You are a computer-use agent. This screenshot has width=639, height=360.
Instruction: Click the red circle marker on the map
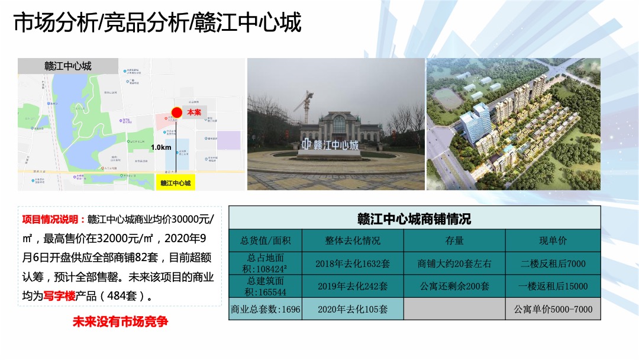click(176, 112)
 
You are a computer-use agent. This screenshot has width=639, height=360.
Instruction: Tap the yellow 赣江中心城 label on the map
click(175, 183)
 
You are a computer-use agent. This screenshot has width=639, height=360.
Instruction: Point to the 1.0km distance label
click(160, 147)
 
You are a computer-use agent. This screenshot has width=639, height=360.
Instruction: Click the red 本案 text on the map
click(193, 112)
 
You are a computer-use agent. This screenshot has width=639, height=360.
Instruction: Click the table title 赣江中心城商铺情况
click(414, 218)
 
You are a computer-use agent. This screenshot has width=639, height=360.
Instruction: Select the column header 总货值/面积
click(264, 240)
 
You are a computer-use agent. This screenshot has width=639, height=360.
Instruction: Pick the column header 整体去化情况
click(352, 240)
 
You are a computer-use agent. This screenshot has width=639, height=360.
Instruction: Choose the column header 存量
click(454, 240)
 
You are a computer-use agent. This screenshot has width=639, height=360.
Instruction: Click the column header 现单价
click(553, 240)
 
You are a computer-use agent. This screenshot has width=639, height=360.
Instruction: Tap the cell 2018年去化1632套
click(352, 263)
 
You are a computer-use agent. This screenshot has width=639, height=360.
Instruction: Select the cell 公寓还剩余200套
click(454, 286)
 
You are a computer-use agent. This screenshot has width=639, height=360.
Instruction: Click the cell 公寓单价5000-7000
click(553, 309)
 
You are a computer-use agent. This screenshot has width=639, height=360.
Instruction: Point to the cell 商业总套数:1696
click(264, 309)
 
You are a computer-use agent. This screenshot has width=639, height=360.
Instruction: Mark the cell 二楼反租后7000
click(553, 263)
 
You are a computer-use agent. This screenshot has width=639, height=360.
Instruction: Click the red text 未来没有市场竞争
click(120, 322)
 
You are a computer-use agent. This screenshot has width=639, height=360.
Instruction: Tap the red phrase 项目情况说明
click(54, 220)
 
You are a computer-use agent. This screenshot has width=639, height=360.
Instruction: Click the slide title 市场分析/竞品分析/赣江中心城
click(157, 23)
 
